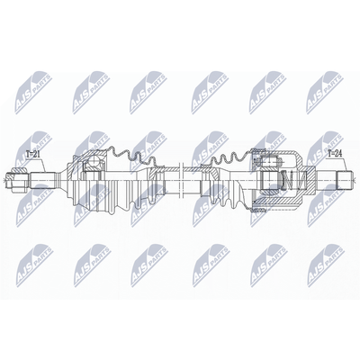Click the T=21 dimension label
tap(32, 155)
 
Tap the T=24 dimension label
tap(335, 154)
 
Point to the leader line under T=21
tap(42, 165)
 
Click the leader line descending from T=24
tap(345, 164)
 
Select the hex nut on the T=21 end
tap(18, 180)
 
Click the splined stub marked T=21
tap(43, 181)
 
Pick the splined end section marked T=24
tap(345, 180)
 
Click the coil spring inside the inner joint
tap(293, 180)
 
